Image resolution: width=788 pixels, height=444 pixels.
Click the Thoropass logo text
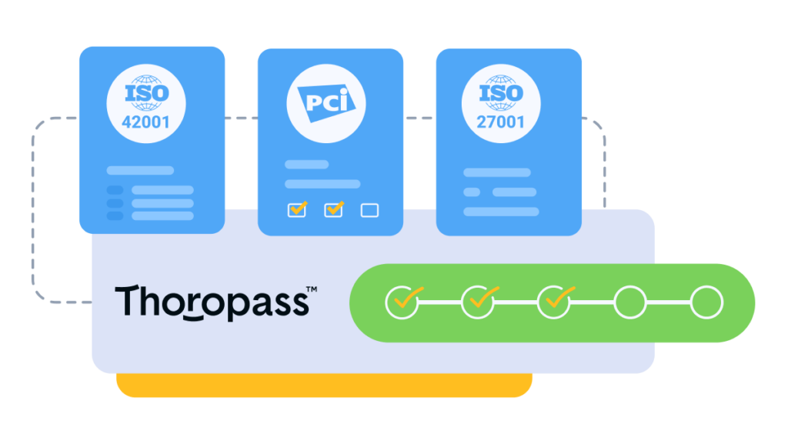point(212,301)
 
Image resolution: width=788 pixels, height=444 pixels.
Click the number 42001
point(145,122)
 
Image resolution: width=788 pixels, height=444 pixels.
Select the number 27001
point(501,122)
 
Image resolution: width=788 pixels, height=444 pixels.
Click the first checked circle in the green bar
point(402,302)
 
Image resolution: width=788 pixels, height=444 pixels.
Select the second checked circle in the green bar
point(478,302)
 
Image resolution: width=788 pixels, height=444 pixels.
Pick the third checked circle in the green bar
point(554,302)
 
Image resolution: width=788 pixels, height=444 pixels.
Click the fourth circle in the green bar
point(630,302)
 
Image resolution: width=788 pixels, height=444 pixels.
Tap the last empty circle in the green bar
point(706,302)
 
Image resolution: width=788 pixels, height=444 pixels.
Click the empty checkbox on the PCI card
point(369,210)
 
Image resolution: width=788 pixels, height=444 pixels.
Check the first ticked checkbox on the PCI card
point(296,210)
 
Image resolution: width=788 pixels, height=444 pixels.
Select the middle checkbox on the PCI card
point(333,210)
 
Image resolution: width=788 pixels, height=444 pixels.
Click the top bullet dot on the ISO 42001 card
point(115,190)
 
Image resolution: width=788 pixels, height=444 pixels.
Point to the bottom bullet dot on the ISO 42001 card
point(115,216)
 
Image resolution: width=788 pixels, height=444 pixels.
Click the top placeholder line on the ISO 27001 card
point(496,172)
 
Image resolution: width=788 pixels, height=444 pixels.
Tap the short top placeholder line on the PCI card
point(306,165)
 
